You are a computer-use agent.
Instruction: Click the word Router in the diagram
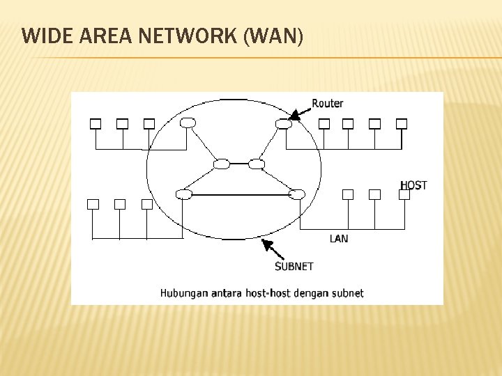[327, 103]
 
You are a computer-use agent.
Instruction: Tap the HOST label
[413, 185]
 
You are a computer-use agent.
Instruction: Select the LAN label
[339, 239]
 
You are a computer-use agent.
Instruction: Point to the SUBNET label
[294, 266]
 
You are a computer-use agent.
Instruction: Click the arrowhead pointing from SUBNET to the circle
[265, 243]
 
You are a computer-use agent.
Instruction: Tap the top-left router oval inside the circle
[187, 123]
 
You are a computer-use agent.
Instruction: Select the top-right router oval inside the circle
[282, 124]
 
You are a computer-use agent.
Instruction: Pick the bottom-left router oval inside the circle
[183, 194]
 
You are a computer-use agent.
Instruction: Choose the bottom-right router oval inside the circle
[297, 194]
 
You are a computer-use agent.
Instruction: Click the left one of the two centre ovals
[222, 164]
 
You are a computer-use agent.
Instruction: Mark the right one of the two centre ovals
[257, 164]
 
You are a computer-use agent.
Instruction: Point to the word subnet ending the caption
[347, 293]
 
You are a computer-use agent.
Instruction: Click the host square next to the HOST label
[404, 194]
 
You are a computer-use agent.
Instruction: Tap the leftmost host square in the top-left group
[96, 124]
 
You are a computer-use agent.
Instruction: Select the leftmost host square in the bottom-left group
[93, 204]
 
